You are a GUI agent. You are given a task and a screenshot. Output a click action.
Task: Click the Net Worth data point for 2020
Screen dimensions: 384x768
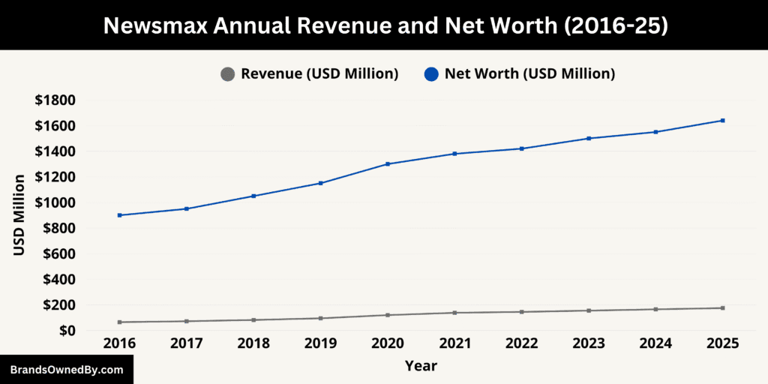tap(388, 163)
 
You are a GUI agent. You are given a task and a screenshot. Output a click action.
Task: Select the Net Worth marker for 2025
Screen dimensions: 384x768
tap(723, 120)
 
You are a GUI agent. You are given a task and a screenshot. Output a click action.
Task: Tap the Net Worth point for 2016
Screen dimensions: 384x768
tap(119, 215)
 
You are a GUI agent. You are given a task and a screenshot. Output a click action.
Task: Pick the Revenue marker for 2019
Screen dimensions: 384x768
tap(320, 318)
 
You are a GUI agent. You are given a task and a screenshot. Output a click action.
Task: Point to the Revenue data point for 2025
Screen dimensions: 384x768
tap(723, 308)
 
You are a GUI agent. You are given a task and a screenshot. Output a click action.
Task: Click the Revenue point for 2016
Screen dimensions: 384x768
tap(119, 322)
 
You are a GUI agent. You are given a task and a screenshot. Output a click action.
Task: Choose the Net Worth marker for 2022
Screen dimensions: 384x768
tap(521, 148)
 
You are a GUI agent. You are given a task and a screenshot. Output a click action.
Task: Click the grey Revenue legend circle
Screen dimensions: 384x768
tap(227, 74)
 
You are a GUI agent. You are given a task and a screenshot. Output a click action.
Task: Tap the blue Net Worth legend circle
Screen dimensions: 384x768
tap(431, 74)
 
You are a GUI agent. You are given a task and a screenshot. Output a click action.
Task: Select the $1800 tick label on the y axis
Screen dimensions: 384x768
tap(55, 100)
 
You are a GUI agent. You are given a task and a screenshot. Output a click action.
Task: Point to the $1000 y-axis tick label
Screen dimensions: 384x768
tap(55, 202)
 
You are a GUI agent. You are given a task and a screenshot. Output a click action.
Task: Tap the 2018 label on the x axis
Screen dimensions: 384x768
tap(253, 343)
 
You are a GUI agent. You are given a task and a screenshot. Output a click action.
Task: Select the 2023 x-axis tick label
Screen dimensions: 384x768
tap(589, 343)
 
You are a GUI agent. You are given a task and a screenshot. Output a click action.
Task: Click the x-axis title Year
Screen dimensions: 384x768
tap(421, 366)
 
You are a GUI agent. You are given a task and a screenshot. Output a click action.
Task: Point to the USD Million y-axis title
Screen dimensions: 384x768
tap(20, 215)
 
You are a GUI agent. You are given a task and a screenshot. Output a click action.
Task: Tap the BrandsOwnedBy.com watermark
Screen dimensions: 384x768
tap(67, 370)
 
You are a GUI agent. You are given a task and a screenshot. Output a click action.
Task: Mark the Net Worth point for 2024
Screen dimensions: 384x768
tap(655, 132)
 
